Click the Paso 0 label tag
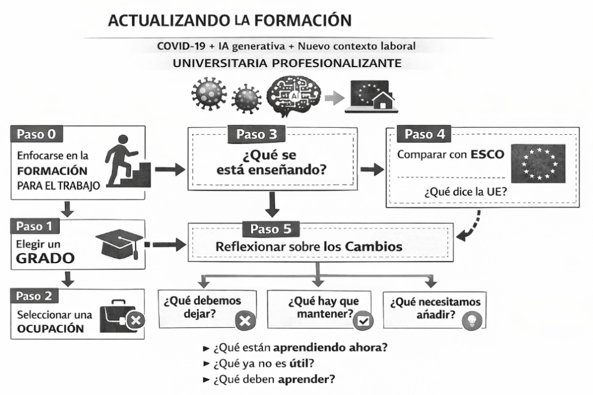pos(36,134)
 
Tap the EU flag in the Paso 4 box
pos(538,163)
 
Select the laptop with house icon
pos(369,97)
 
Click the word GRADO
pos(39,259)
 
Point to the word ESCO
pos(487,154)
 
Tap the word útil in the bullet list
pos(301,364)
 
